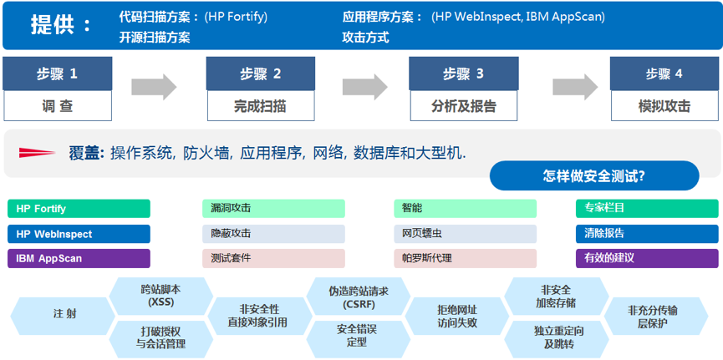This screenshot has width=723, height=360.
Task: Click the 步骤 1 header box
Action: (57, 74)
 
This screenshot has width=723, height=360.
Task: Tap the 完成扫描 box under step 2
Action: (259, 106)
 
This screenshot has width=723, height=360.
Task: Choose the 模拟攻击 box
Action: (664, 106)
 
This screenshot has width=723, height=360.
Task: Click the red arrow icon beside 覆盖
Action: (36, 152)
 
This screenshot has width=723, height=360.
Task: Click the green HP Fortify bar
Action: (79, 209)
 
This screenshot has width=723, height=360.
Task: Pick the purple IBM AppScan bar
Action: (79, 258)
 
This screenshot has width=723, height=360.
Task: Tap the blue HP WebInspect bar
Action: (79, 234)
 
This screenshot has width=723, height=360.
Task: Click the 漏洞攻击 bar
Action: (272, 209)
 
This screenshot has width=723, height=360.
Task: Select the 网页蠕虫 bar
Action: (465, 234)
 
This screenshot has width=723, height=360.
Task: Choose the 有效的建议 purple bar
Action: (646, 258)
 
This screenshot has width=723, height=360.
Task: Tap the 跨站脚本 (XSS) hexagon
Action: (160, 295)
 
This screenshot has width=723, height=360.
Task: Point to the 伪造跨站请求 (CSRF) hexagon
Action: (357, 295)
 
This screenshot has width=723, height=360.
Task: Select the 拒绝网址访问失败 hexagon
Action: (456, 315)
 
